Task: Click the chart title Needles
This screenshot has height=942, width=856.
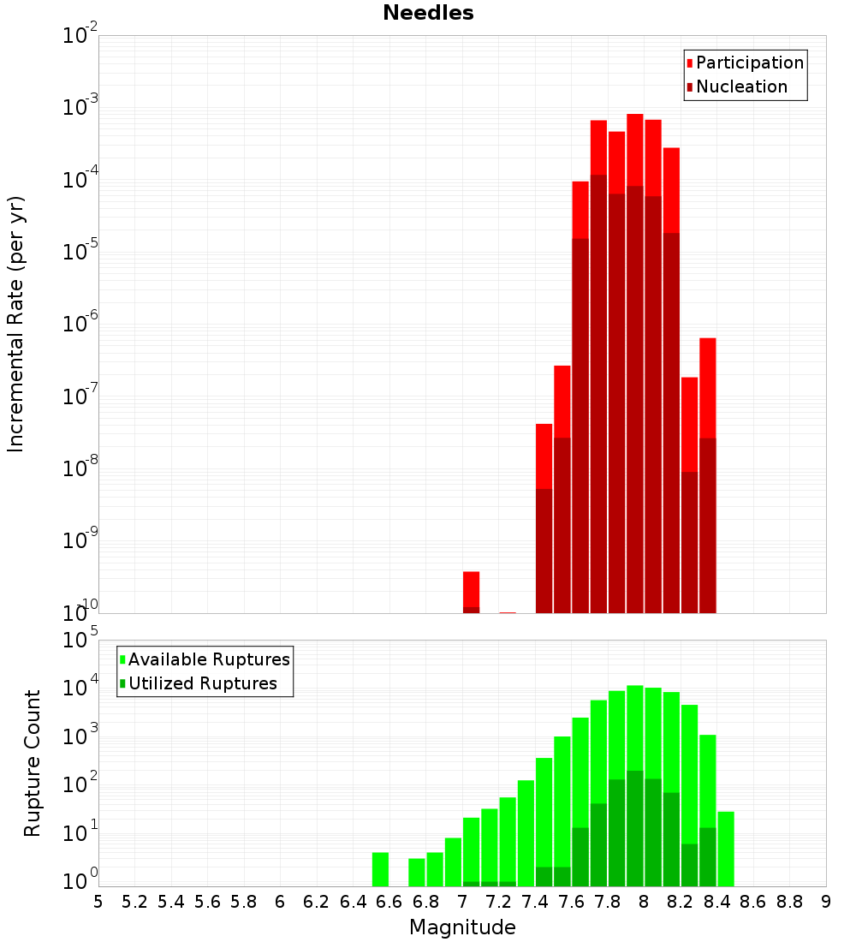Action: (x=428, y=13)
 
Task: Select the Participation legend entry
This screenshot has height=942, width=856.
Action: (x=749, y=63)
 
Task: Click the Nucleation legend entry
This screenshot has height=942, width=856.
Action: (x=741, y=86)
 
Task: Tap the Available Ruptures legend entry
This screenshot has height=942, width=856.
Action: (x=208, y=659)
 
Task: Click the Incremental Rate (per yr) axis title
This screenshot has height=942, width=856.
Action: (x=16, y=324)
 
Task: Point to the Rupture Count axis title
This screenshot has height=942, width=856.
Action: (x=33, y=763)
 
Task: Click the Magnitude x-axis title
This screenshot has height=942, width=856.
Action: (x=462, y=927)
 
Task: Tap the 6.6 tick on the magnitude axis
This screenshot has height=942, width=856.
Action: (x=389, y=901)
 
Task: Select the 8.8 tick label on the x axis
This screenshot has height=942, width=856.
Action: (x=789, y=901)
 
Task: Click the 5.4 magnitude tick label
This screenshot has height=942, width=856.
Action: (x=171, y=901)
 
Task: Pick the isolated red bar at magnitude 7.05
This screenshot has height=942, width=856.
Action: (x=471, y=588)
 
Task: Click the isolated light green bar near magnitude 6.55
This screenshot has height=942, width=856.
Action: (x=381, y=869)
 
